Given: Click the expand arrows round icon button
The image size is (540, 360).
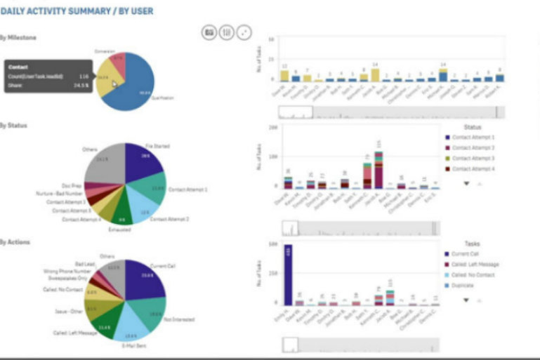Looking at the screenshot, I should pyautogui.click(x=244, y=32).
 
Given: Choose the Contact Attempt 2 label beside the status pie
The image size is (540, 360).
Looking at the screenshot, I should pyautogui.click(x=169, y=220).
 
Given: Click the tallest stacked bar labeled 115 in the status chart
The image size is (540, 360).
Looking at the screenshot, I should pyautogui.click(x=379, y=169).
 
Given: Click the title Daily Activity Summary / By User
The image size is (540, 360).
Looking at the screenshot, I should pyautogui.click(x=77, y=12).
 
